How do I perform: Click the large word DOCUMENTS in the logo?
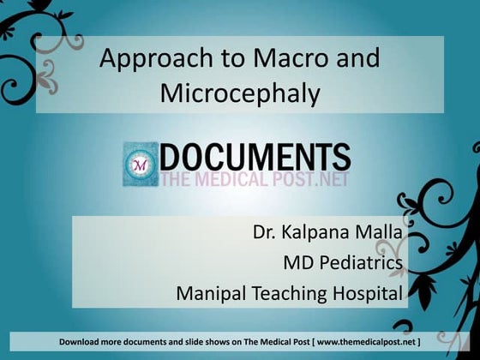255,157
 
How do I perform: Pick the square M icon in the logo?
139,164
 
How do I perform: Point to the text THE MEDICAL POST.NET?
255,179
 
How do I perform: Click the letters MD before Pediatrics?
298,262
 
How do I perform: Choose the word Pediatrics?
360,262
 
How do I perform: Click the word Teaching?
293,294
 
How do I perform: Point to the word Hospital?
369,294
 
